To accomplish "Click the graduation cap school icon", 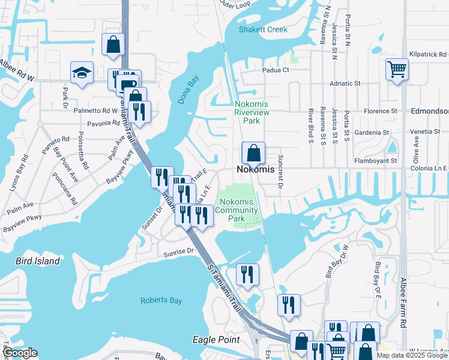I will coord(82,73).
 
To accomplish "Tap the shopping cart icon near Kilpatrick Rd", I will coord(397,70).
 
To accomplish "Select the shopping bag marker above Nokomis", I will coord(253,153).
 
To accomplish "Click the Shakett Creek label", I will coord(263,29).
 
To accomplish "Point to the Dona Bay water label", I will coord(188,89).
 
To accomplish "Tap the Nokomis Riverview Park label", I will coord(251,112).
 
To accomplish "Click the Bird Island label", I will coord(37,261).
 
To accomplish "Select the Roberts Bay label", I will coord(160,300).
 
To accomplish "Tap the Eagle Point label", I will coord(216,340).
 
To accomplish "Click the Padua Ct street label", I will coord(276,70).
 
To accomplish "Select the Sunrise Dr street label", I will coord(181,253).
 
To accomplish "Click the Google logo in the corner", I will coord(20,353).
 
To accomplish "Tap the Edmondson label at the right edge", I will coord(429,112).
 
